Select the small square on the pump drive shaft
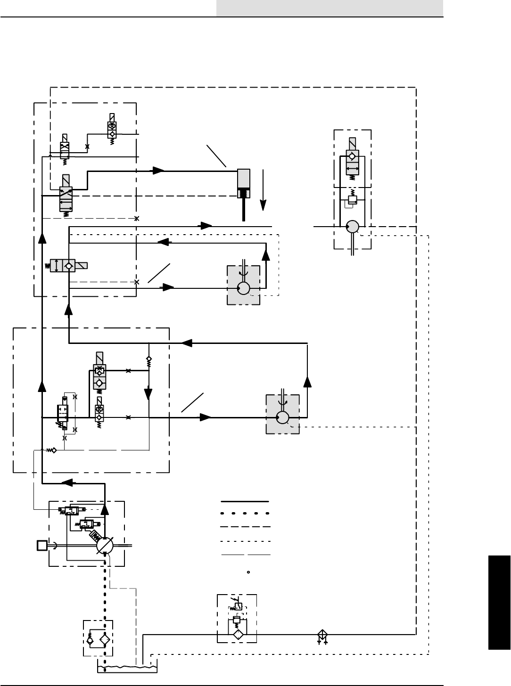(x=42, y=546)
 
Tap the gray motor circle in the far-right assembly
(x=352, y=227)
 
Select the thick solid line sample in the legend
(x=245, y=501)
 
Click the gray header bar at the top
(x=330, y=8)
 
